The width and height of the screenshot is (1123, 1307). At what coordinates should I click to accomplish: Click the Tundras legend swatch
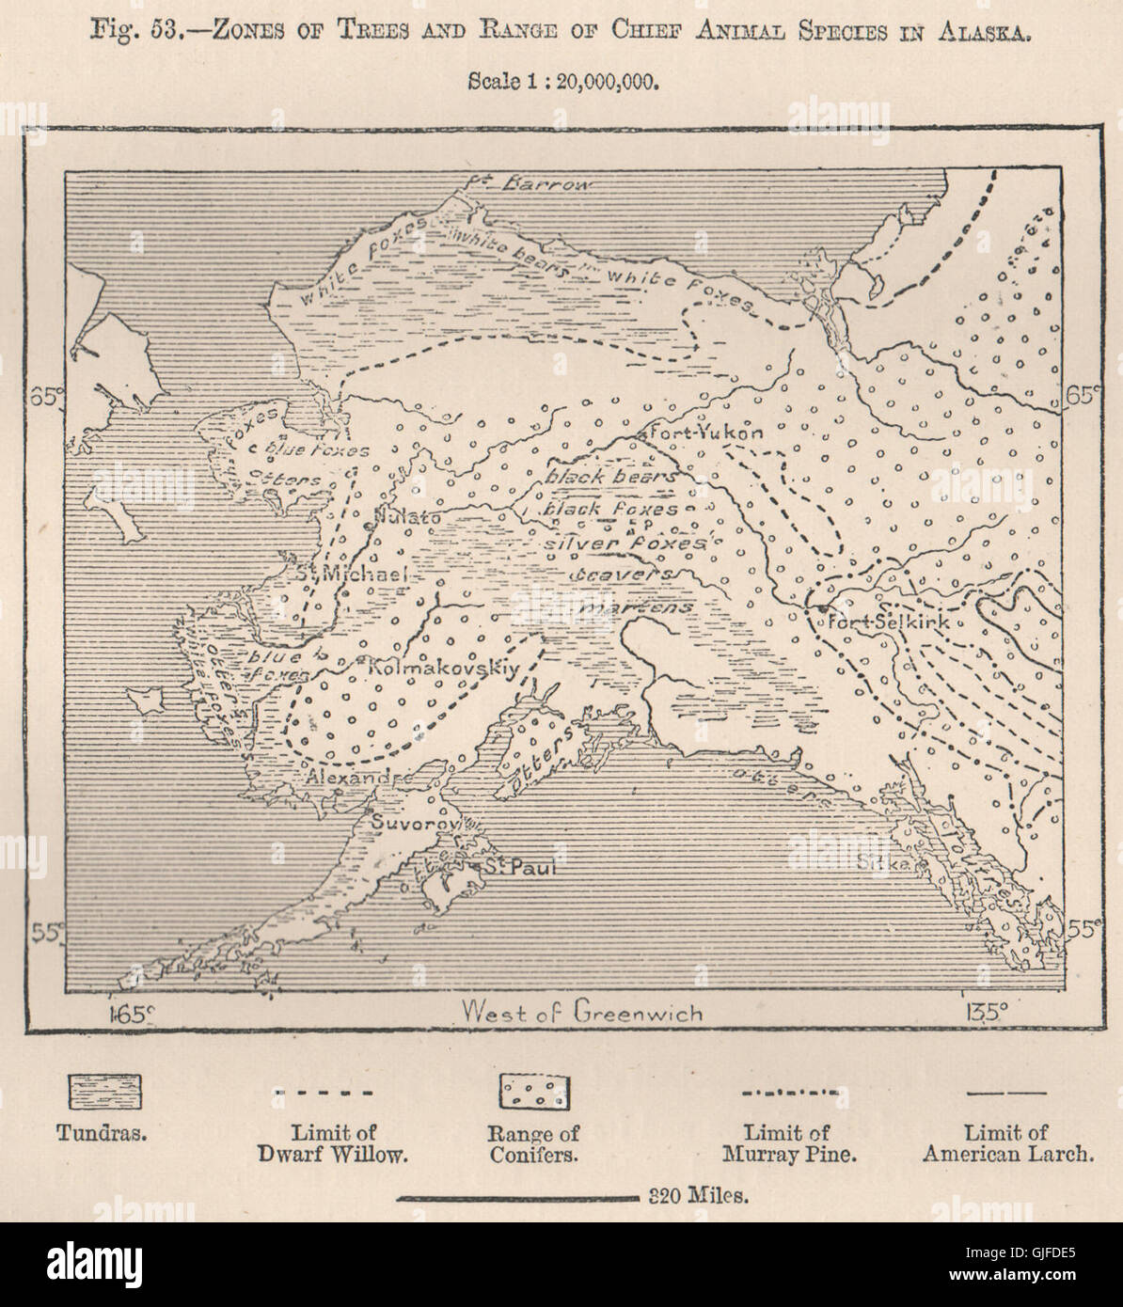coord(104,1092)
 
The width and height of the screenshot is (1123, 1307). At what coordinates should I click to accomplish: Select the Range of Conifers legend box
coord(534,1092)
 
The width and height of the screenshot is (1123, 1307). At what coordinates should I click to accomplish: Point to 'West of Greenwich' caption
coord(582,1012)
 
